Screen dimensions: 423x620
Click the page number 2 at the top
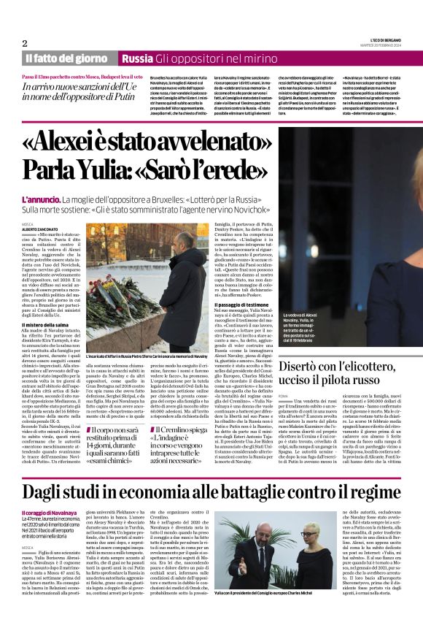click(x=24, y=44)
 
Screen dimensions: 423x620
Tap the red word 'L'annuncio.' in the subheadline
click(x=41, y=199)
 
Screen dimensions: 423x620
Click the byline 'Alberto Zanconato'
click(x=42, y=229)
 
